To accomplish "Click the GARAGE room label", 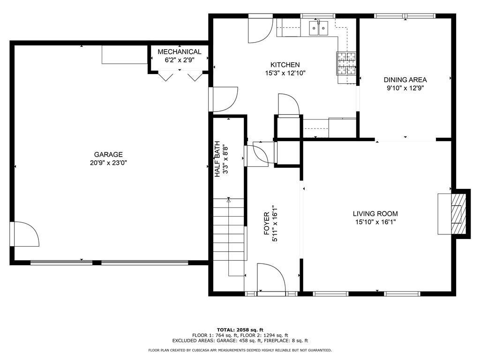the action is pyautogui.click(x=108, y=155).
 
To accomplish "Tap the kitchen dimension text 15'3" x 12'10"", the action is pyautogui.click(x=285, y=73).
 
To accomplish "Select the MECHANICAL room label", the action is pyautogui.click(x=180, y=52).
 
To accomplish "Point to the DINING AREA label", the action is pyautogui.click(x=405, y=80).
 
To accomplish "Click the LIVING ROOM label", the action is pyautogui.click(x=375, y=214).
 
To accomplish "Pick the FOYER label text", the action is pyautogui.click(x=267, y=224).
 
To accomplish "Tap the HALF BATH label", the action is pyautogui.click(x=217, y=159).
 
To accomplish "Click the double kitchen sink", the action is pyautogui.click(x=318, y=28).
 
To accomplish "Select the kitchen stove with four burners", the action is pyautogui.click(x=347, y=63).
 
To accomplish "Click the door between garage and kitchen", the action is pyautogui.click(x=223, y=99).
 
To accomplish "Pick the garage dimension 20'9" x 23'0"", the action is pyautogui.click(x=108, y=163).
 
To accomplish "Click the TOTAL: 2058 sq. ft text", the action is pyautogui.click(x=240, y=330).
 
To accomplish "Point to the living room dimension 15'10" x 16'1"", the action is pyautogui.click(x=375, y=222).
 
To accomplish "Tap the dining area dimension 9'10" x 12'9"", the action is pyautogui.click(x=405, y=88).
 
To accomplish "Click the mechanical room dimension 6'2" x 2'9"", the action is pyautogui.click(x=180, y=60).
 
